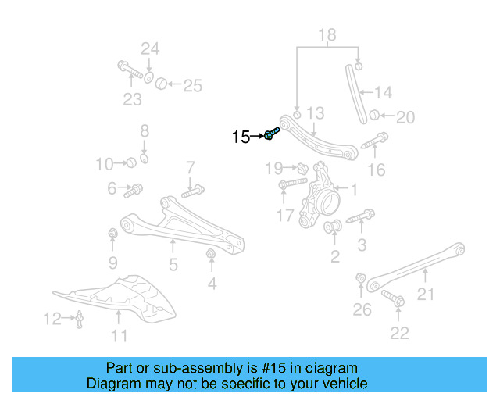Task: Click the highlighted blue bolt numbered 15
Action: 271,134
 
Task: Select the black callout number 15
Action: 241,137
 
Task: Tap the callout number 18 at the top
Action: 327,35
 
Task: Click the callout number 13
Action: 316,113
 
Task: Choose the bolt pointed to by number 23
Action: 130,70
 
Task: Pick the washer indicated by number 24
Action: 148,78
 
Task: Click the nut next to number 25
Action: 161,84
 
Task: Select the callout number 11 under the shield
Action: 120,336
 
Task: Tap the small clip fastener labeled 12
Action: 79,319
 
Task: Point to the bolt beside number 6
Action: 133,191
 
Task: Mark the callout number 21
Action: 425,294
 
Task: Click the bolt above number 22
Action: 393,298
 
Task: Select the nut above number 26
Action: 361,278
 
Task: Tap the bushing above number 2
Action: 333,226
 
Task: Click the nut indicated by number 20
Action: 374,115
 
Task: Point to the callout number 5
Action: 173,264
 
